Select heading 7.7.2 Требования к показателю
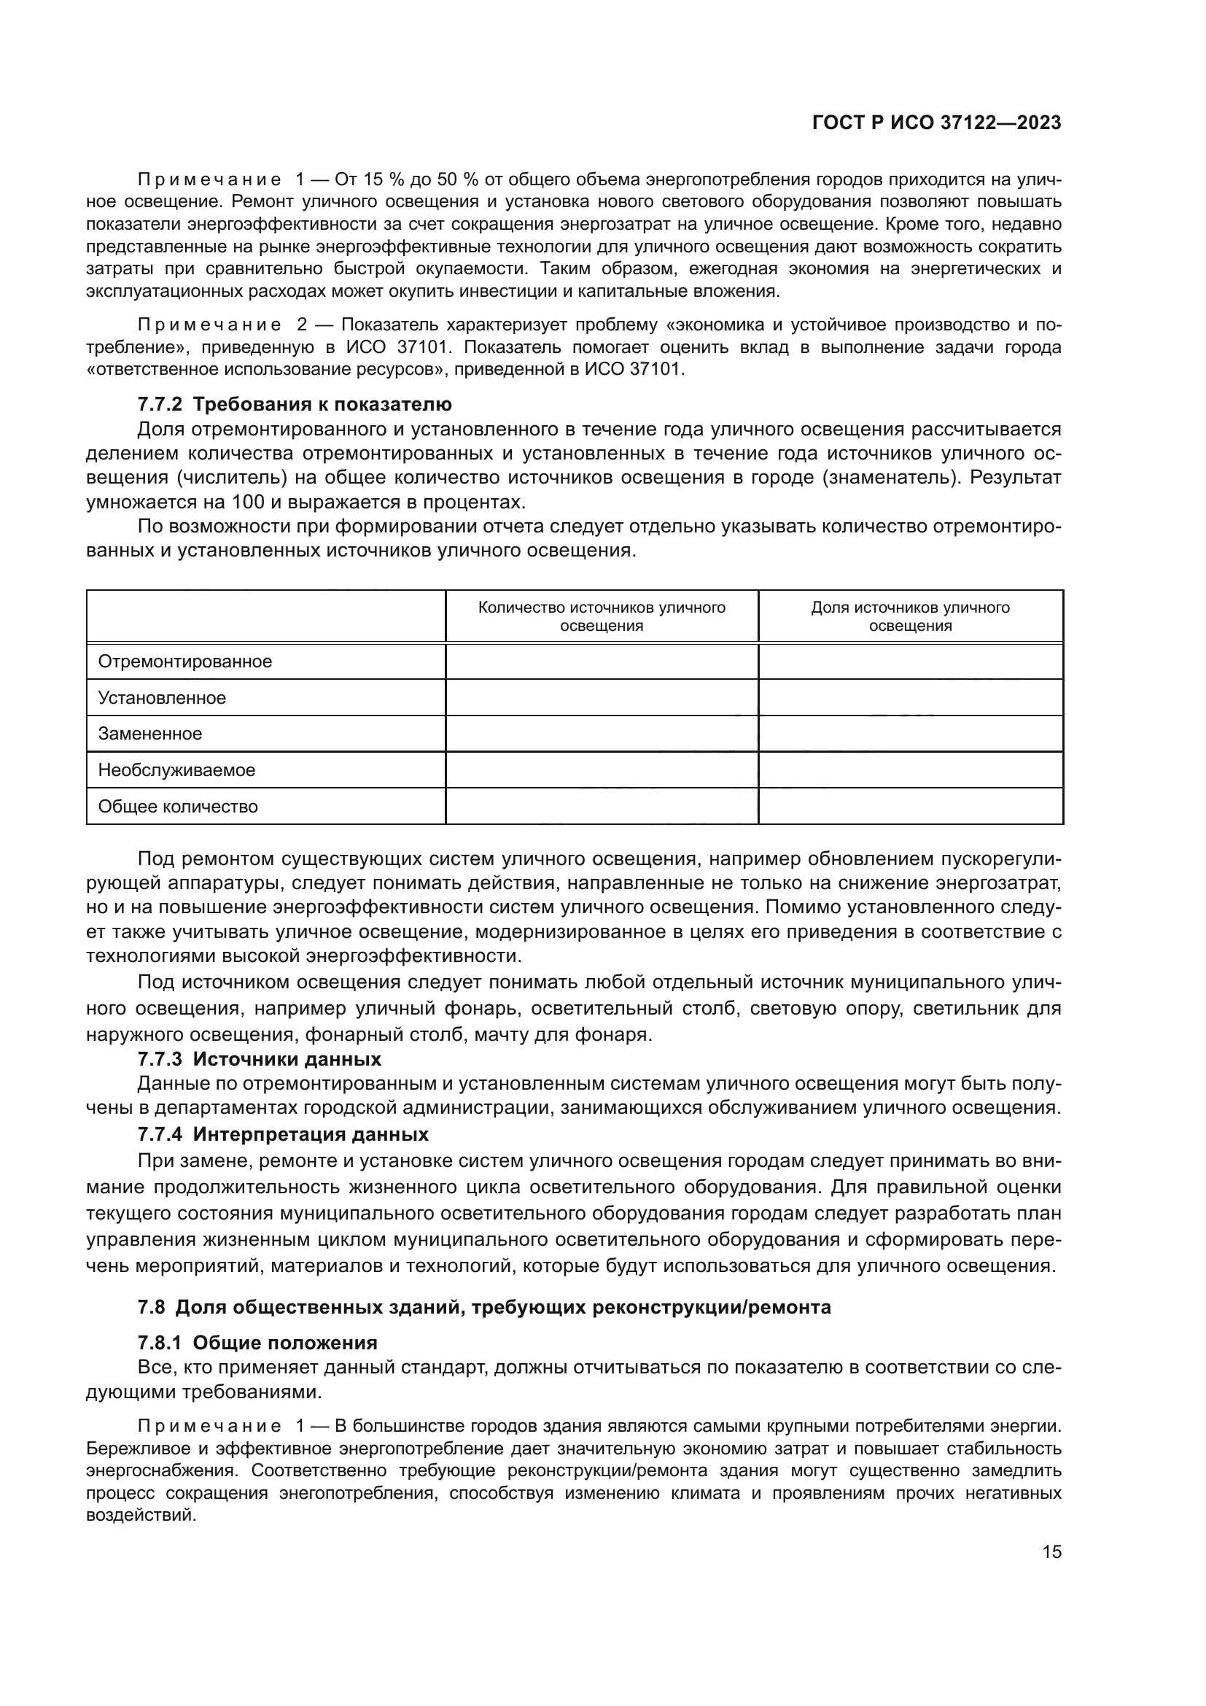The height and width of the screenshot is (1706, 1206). click(x=294, y=404)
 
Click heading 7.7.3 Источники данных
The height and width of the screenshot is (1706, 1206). click(x=259, y=1059)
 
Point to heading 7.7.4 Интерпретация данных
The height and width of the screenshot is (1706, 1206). click(x=283, y=1135)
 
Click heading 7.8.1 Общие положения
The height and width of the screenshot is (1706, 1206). click(x=257, y=1343)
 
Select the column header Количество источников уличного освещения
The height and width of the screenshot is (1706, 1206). click(x=602, y=617)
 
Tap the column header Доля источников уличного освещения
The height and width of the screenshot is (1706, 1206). click(x=910, y=617)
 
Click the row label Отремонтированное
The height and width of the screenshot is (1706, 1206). click(x=185, y=662)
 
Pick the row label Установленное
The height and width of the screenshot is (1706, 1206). click(x=162, y=698)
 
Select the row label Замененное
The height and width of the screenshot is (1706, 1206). click(x=150, y=733)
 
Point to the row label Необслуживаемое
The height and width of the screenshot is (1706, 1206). click(x=176, y=769)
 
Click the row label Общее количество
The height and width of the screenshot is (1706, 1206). click(x=178, y=806)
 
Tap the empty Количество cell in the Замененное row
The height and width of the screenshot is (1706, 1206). click(x=602, y=733)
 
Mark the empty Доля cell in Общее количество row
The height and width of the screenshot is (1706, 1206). click(x=910, y=806)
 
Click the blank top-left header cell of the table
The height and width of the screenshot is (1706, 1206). click(x=266, y=617)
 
